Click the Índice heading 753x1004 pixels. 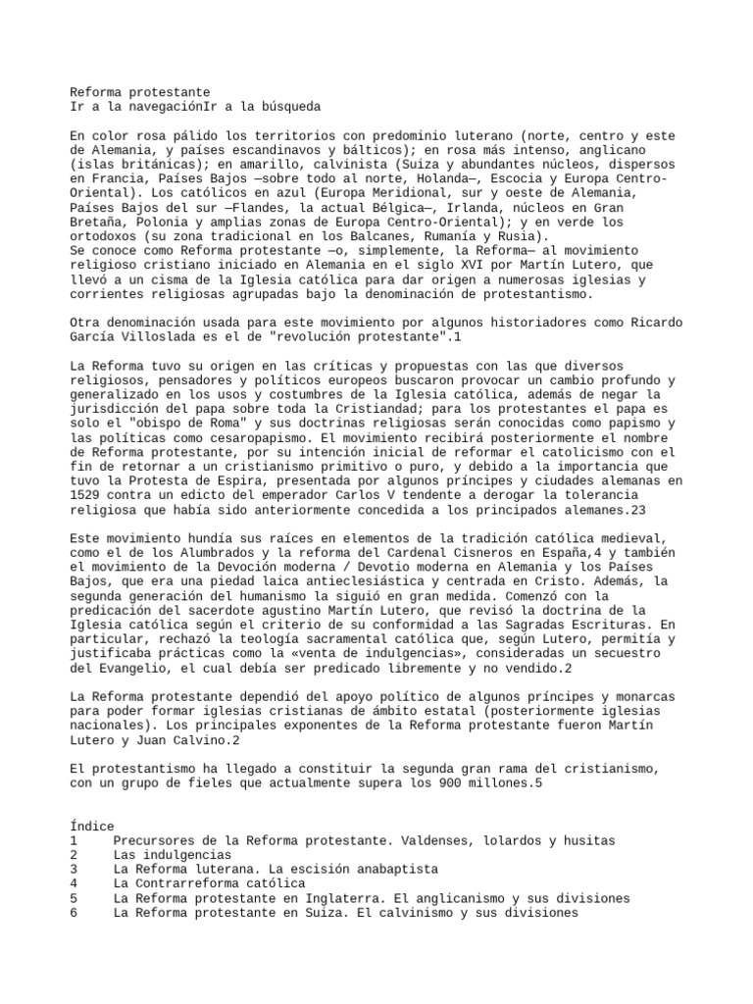pyautogui.click(x=92, y=827)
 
